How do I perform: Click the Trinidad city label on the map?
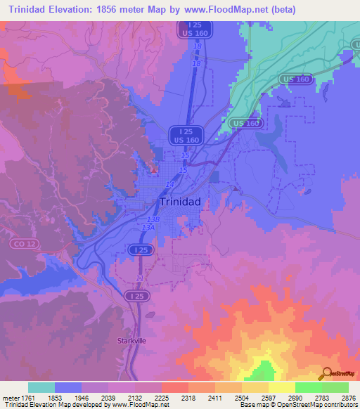181,202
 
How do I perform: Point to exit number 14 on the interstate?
169,184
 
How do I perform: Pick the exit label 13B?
154,219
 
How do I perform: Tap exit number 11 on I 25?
140,279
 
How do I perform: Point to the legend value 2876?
349,398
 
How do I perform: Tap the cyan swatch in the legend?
41,387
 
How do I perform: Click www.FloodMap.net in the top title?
229,10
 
